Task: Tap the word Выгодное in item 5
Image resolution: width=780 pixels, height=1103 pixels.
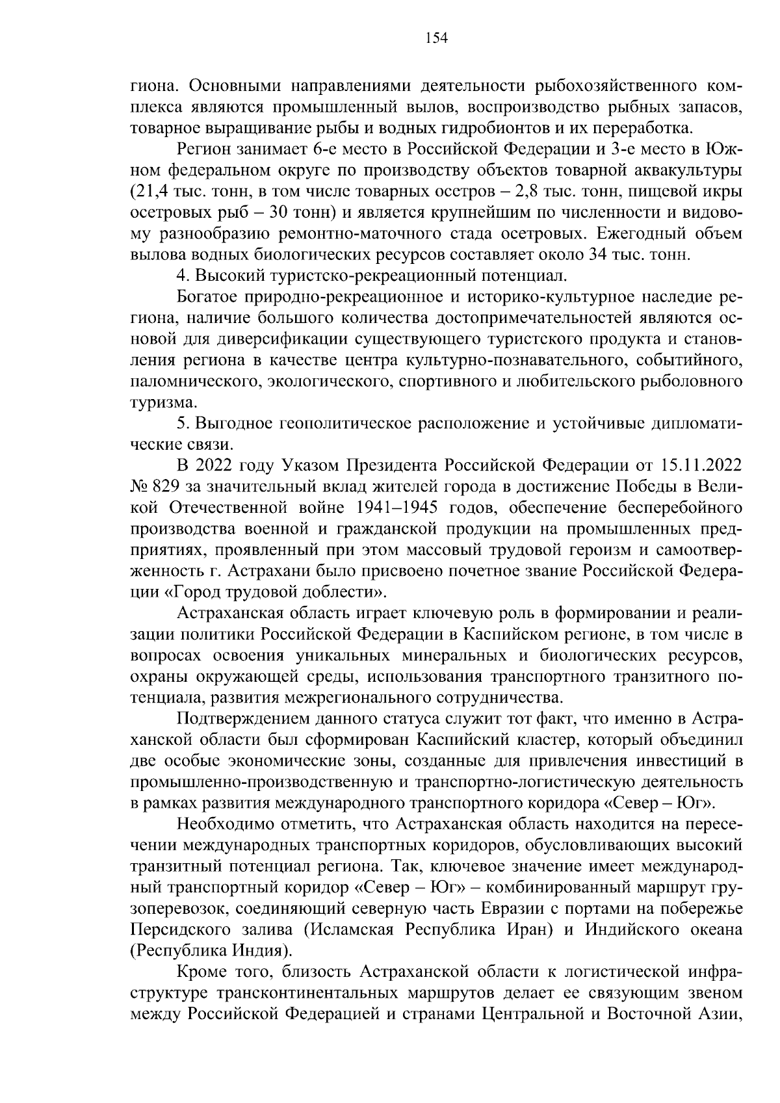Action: [x=227, y=424]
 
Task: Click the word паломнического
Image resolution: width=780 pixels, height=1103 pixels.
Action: [x=190, y=382]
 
